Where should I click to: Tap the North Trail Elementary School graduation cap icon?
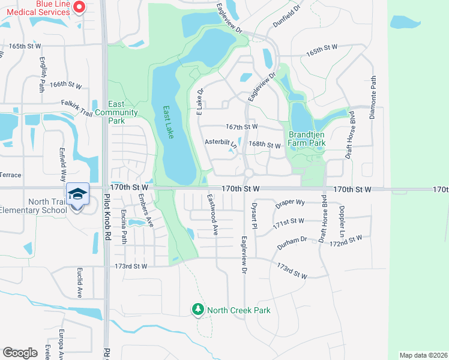coord(77,194)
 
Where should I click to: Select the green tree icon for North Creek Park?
coord(198,310)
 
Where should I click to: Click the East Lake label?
coord(169,122)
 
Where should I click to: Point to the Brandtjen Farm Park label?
coord(306,139)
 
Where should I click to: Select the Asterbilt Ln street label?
coord(221,143)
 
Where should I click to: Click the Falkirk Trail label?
coord(76,103)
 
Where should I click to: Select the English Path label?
coord(43,71)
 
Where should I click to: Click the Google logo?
coord(20,353)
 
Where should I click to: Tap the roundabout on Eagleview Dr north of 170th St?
coord(249,173)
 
